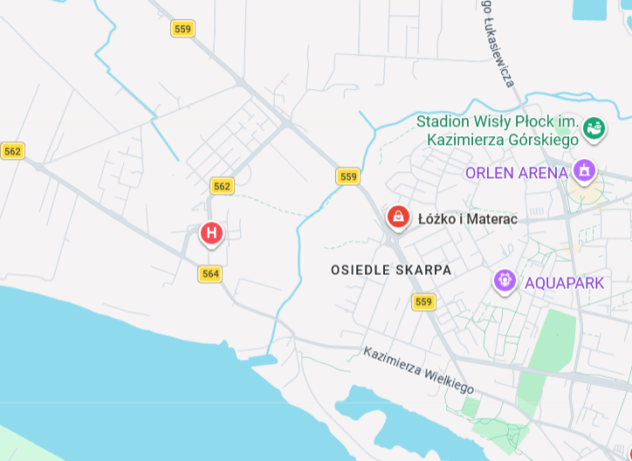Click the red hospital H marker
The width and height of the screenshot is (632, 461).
tap(211, 233)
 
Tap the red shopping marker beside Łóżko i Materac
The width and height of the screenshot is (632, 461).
tap(398, 216)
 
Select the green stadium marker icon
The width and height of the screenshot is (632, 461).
tap(594, 128)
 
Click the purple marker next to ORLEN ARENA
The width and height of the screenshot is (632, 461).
tap(584, 169)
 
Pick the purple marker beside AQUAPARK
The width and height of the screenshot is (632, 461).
tap(505, 280)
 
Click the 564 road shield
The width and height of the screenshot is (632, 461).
tap(210, 274)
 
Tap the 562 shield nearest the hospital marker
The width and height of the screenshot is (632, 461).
tap(222, 186)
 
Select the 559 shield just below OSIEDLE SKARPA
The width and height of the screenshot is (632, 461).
tap(423, 302)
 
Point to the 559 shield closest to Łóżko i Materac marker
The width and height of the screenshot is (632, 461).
tap(348, 176)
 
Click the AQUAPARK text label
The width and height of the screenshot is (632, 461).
tap(564, 283)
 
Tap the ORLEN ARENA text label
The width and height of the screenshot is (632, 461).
tap(516, 173)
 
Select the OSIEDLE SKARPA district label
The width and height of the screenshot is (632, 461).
tap(391, 271)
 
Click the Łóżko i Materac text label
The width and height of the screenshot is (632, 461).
tap(467, 219)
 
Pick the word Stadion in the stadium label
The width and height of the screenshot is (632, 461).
tap(443, 121)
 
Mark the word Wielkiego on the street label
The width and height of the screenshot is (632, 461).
tap(448, 380)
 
